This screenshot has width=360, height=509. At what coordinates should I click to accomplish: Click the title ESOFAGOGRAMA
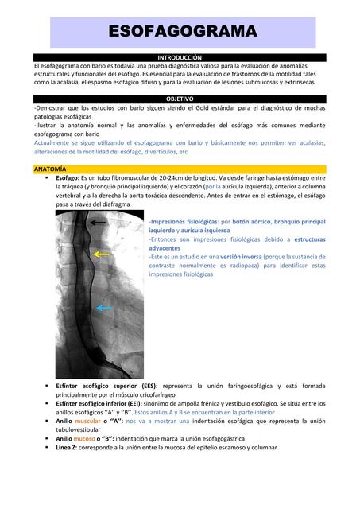182,32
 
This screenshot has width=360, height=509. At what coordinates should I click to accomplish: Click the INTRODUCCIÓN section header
180,58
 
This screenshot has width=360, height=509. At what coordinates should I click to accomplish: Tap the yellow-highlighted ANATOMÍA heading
50,170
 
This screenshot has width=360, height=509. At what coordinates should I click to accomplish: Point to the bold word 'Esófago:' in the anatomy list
71,179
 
